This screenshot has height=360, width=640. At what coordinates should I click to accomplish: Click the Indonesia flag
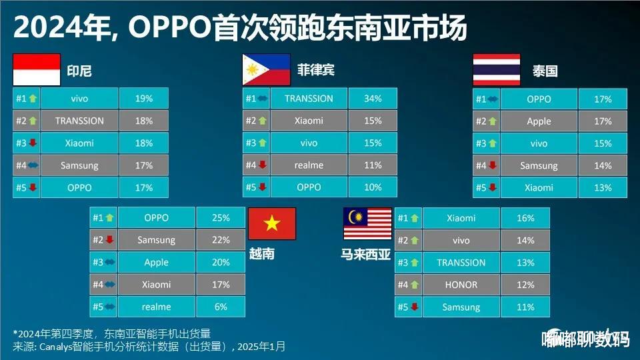[x=37, y=70]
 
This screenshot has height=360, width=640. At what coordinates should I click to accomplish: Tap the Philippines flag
[x=267, y=70]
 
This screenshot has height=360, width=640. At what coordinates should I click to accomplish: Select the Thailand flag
[x=497, y=70]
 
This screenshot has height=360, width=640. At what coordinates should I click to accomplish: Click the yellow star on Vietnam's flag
[x=272, y=223]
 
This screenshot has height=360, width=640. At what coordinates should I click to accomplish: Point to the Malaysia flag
[x=367, y=224]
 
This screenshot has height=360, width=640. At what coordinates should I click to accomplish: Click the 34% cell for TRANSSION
[x=373, y=99]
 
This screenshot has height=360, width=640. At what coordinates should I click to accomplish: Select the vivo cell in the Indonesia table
[x=79, y=99]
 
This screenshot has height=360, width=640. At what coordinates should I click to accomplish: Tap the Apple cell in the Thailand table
[x=539, y=121]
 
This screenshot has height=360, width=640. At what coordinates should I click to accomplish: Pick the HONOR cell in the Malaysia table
[x=461, y=285]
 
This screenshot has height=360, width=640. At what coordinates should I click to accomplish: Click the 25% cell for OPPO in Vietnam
[x=221, y=218]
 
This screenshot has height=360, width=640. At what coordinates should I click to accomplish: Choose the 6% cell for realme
[x=221, y=307]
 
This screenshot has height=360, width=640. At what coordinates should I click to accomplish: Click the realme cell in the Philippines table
[x=309, y=165]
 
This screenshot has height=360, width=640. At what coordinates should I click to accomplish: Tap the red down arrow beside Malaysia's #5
[x=415, y=307]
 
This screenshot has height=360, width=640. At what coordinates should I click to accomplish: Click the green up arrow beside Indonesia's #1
[x=33, y=99]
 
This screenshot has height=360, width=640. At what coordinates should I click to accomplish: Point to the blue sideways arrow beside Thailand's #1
[x=493, y=99]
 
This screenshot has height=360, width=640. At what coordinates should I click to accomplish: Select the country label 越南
[x=261, y=254]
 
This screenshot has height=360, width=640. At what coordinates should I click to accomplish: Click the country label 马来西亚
[x=366, y=255]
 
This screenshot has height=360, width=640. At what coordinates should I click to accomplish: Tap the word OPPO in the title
[x=171, y=28]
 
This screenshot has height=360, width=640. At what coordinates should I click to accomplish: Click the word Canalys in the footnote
[x=55, y=347]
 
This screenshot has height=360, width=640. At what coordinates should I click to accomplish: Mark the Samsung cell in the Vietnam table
[x=156, y=240]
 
